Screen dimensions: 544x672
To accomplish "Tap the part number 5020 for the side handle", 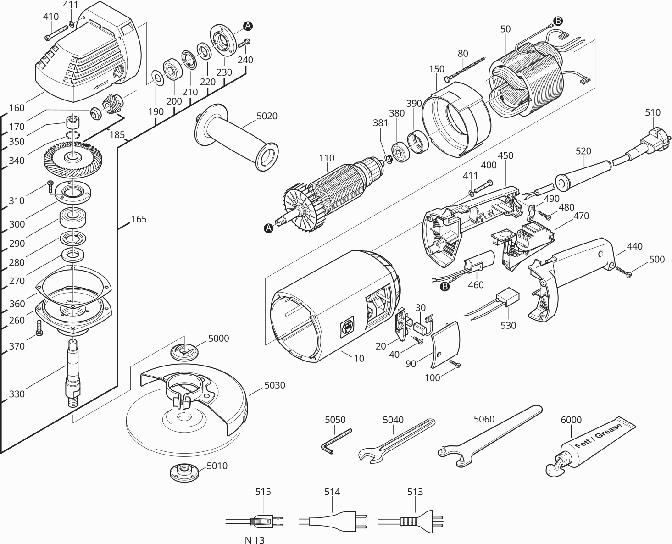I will [267, 116].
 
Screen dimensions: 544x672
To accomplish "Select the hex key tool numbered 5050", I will [336, 441].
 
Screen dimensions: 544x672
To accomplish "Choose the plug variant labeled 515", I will [262, 522].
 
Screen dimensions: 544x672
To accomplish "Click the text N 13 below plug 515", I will [255, 539].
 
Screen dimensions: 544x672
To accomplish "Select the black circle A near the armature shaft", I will [268, 228].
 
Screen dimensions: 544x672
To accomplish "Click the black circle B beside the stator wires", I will [558, 21].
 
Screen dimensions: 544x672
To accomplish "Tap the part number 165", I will [139, 219].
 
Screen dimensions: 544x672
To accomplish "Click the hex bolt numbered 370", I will [39, 328].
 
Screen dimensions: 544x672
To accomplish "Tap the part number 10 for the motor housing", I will [359, 358].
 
